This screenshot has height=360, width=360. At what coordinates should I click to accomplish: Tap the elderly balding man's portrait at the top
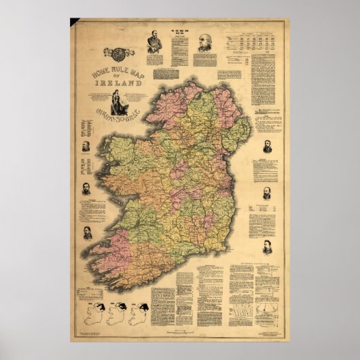(x=203, y=44)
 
